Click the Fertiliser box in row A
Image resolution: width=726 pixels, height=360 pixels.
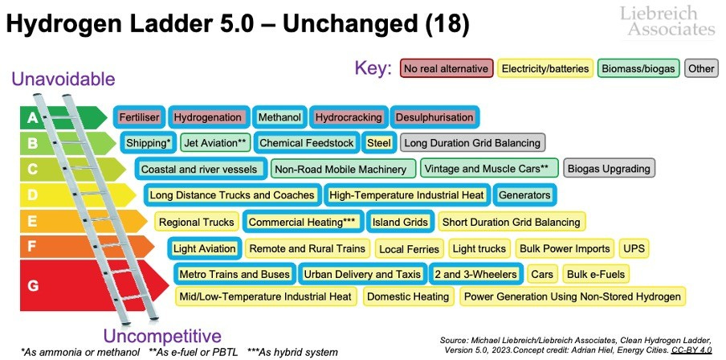[140, 117]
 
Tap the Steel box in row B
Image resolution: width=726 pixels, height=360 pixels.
[378, 143]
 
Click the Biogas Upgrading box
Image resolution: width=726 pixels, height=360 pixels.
[609, 169]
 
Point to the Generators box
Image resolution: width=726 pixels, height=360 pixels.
[524, 195]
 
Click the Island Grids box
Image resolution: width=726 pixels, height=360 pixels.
[400, 222]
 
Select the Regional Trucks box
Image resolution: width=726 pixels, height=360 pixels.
[197, 222]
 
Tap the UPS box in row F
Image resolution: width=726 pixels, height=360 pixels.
[634, 248]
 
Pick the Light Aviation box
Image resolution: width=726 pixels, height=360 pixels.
[205, 248]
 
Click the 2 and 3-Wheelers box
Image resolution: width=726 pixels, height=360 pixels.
[475, 274]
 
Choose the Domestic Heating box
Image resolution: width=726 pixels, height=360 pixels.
[408, 297]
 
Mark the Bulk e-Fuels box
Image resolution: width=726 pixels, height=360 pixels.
[595, 274]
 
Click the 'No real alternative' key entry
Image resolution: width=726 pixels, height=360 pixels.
[445, 68]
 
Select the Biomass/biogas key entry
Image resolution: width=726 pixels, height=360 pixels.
[638, 68]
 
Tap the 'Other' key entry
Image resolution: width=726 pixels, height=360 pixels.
[701, 68]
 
